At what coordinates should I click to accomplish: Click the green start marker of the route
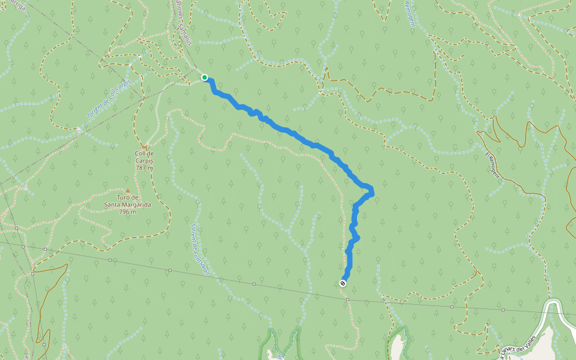(205, 77)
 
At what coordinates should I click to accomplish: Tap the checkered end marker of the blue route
(343, 283)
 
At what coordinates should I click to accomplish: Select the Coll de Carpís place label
(144, 157)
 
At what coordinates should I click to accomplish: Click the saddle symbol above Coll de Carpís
(144, 146)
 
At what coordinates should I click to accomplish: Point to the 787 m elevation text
(144, 167)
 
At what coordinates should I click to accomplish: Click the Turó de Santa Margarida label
(127, 201)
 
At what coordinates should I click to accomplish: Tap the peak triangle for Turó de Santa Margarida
(127, 191)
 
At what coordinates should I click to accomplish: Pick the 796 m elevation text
(127, 211)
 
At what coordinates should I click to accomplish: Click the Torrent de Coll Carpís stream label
(108, 97)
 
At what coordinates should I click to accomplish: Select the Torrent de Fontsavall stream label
(198, 249)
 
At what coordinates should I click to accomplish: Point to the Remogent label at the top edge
(410, 13)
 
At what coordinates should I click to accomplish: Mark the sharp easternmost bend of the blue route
(373, 191)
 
